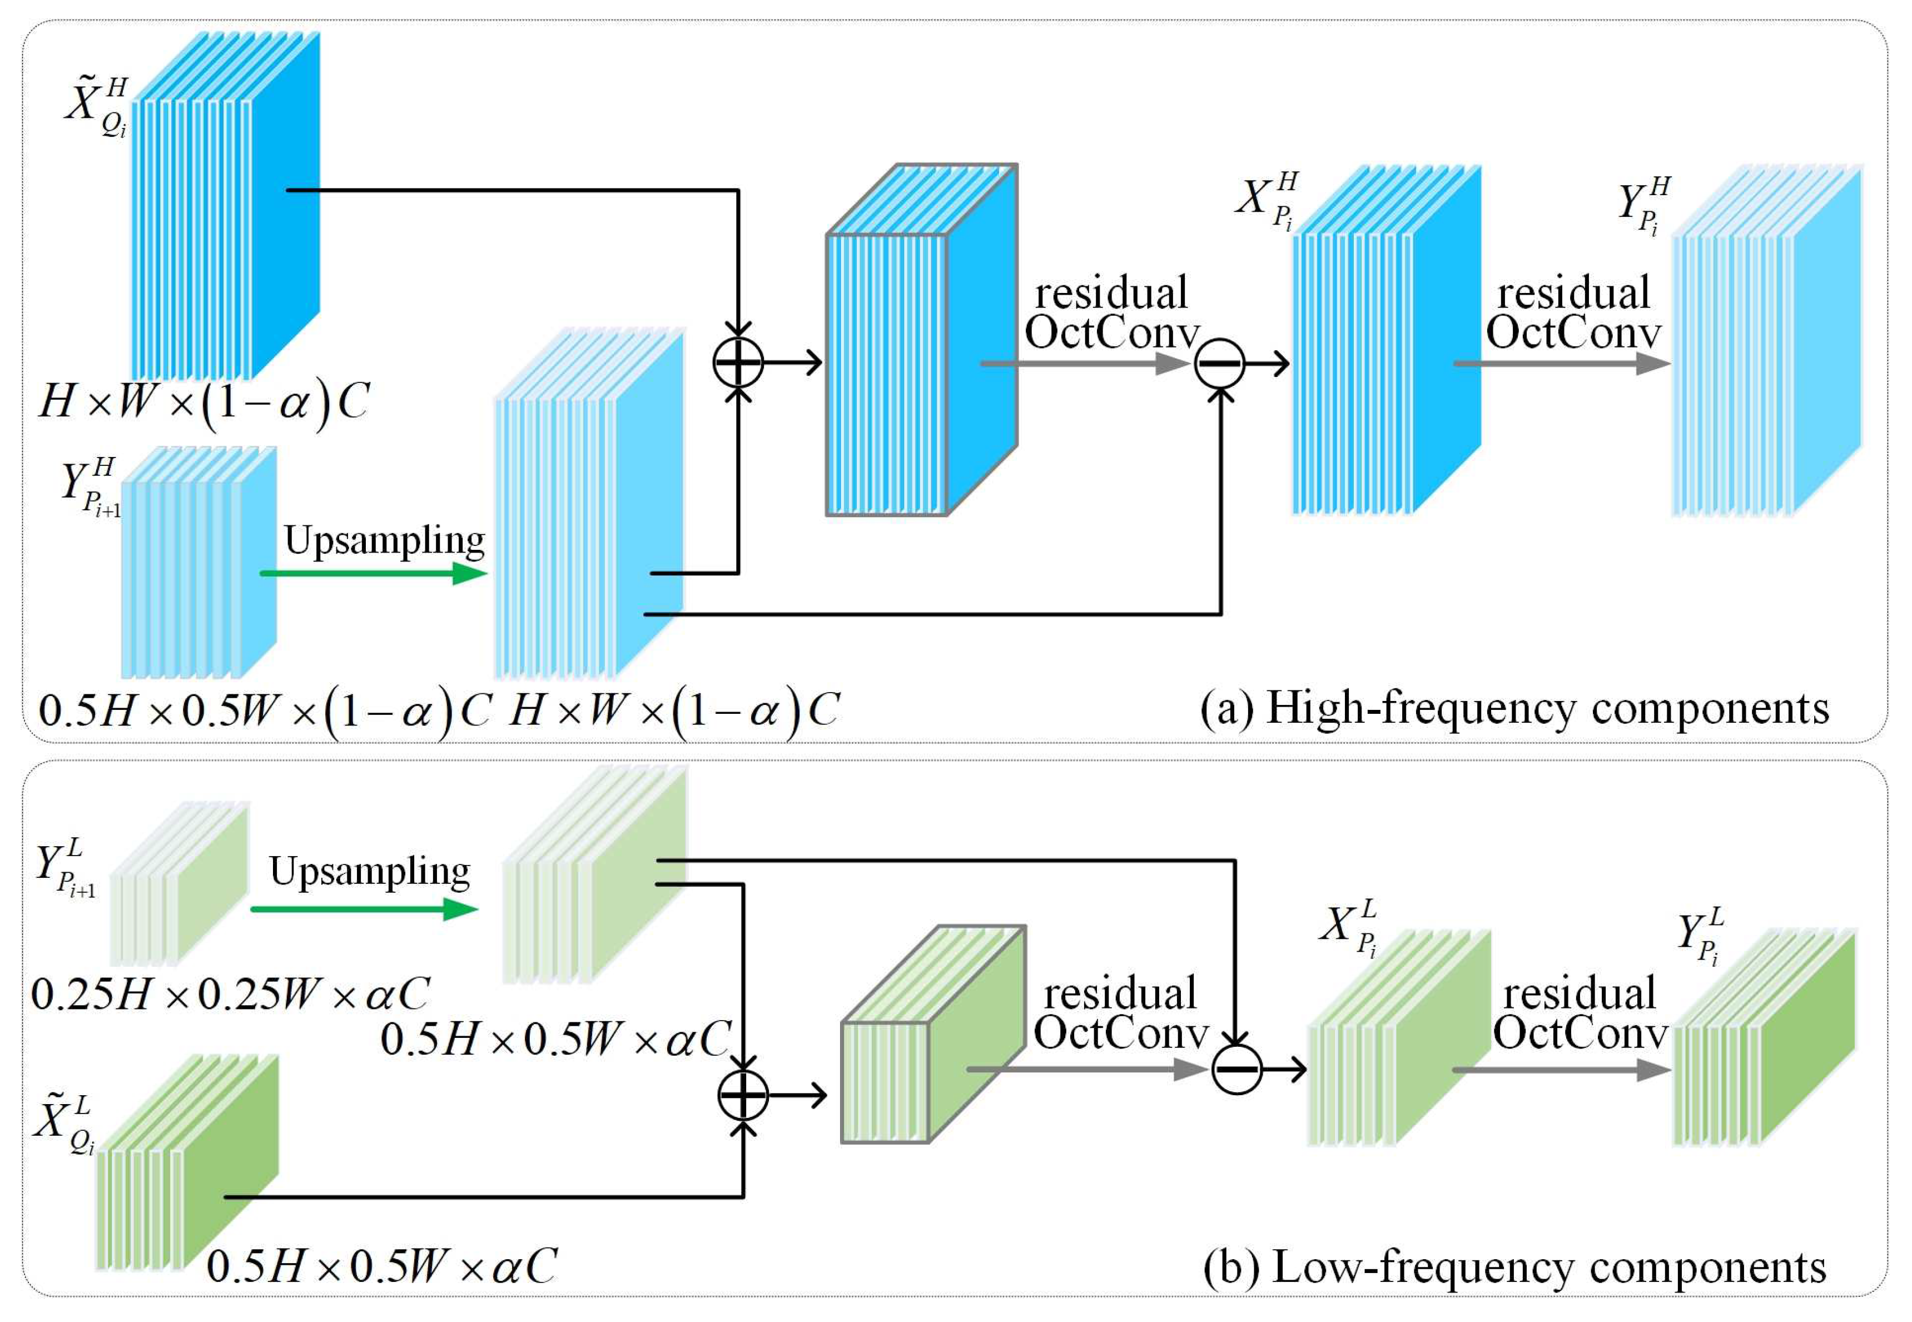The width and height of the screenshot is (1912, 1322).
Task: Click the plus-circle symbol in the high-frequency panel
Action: (737, 362)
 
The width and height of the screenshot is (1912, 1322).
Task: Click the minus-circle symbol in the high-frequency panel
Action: (1219, 363)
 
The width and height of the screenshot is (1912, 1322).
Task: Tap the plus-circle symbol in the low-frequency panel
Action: (743, 1095)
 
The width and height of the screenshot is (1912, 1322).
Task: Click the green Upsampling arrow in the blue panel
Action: (373, 573)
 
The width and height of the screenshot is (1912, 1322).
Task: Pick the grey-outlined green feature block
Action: (932, 1035)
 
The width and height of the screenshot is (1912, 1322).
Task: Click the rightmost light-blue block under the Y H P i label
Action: (1765, 340)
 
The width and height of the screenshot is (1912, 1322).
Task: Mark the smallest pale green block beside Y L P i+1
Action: (178, 884)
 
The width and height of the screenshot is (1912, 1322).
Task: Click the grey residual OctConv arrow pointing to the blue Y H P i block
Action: (1562, 363)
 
